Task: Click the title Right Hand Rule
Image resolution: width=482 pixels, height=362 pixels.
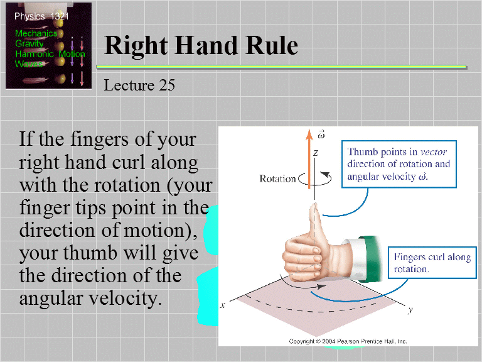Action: tap(201, 45)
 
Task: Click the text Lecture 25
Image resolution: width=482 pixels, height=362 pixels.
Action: tap(139, 84)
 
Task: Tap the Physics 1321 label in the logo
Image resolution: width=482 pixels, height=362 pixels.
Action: tap(42, 16)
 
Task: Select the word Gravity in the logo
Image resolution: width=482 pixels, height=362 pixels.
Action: tap(29, 44)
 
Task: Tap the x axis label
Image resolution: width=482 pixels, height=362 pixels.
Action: tap(223, 305)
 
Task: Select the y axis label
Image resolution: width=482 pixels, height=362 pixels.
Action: tap(410, 310)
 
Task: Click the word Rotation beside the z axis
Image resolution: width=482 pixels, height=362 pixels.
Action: tap(277, 178)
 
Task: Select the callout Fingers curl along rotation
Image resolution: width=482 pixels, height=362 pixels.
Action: tap(431, 263)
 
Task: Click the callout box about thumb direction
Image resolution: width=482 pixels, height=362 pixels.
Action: tap(399, 164)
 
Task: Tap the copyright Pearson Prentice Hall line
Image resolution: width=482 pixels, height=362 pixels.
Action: tap(348, 341)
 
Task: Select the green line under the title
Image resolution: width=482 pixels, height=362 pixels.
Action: tap(285, 66)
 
